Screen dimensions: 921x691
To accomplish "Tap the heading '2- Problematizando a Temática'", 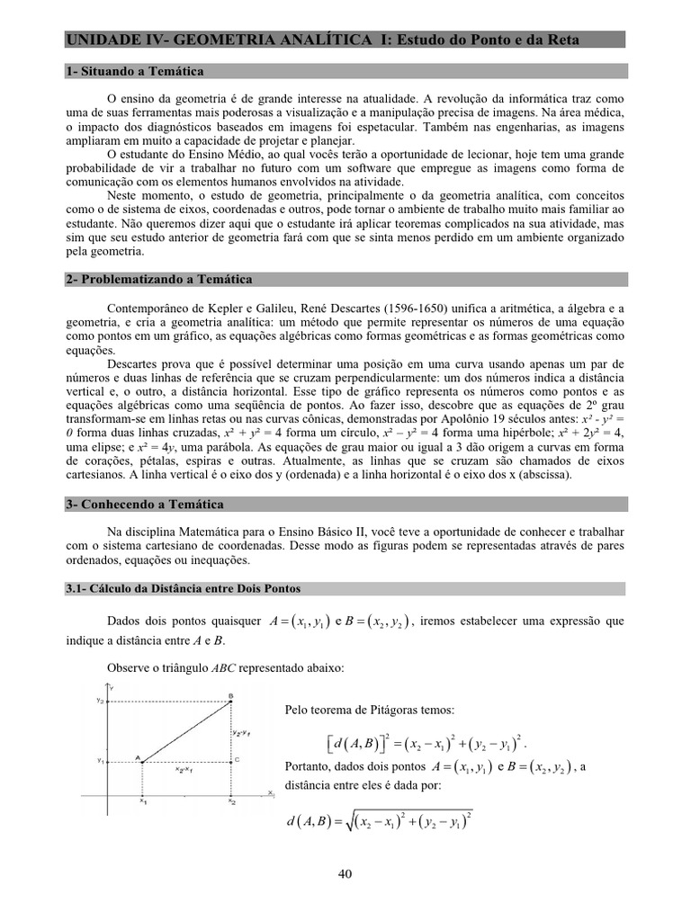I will [x=159, y=280].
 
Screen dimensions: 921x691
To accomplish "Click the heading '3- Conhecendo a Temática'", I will [x=145, y=505].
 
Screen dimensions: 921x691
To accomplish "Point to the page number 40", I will [x=345, y=873].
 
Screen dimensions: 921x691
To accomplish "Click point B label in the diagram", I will [x=231, y=694].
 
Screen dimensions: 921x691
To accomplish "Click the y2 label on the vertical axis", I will [x=101, y=700].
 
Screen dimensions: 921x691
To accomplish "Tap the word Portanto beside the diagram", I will [x=307, y=767].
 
